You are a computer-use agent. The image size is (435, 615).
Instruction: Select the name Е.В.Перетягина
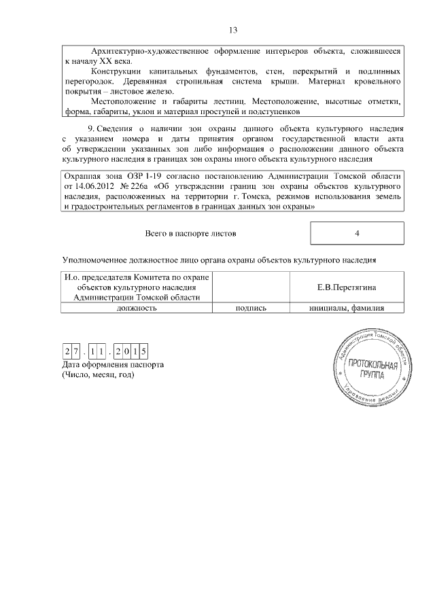tap(347, 287)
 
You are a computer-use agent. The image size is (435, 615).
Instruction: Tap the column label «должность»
tap(137, 308)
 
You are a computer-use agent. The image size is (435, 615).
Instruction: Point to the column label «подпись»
tap(251, 308)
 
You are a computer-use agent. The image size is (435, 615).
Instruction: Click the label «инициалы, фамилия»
tap(347, 308)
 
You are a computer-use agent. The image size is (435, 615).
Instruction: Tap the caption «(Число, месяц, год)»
tap(98, 374)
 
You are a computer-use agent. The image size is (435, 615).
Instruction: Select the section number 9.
tap(91, 129)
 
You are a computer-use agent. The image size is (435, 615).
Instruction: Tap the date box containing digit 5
tap(144, 351)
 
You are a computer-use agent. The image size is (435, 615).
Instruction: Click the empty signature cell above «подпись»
tap(251, 287)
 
